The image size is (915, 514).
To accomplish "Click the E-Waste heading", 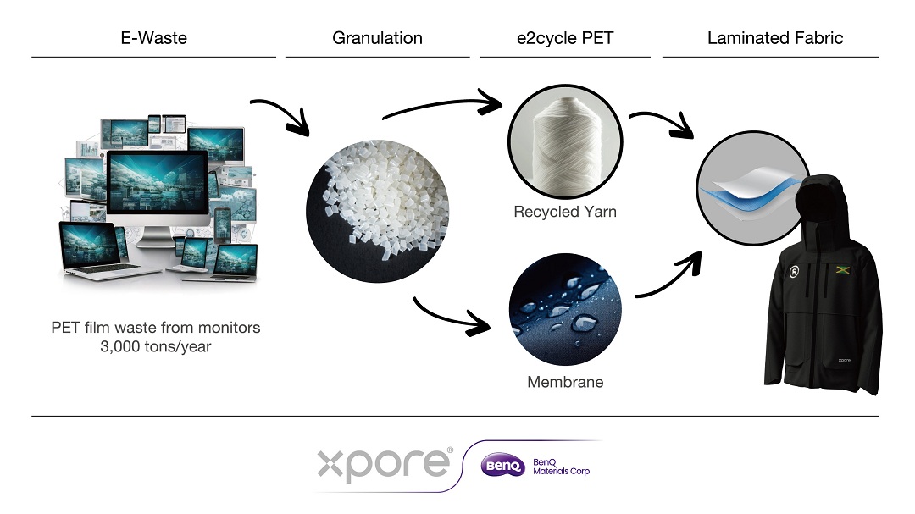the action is (x=154, y=38).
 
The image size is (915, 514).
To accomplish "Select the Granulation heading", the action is (x=378, y=38).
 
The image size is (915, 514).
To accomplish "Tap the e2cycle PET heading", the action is (x=565, y=38).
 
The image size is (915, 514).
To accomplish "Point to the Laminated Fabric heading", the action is (x=775, y=38).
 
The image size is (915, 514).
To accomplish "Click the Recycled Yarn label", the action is (x=565, y=211).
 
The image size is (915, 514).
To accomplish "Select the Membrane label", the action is (x=565, y=382).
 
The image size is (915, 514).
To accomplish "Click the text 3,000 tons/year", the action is (x=155, y=346).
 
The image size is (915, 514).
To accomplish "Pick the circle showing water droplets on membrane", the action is (x=565, y=309).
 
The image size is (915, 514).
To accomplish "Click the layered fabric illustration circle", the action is (x=753, y=188).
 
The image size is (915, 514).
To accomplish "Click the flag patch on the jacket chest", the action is (x=841, y=269).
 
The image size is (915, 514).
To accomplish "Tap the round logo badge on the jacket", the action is (x=794, y=271).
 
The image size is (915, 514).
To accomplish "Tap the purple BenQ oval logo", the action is (x=502, y=466).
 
